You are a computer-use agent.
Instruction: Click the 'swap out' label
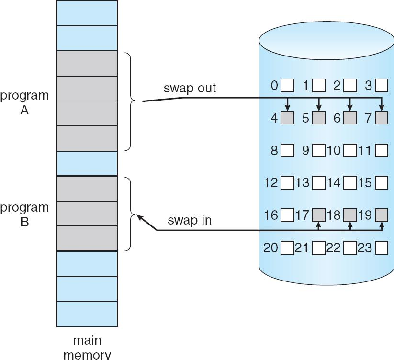click(190, 88)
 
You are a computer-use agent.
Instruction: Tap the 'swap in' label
click(190, 221)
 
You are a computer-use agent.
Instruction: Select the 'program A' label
click(24, 102)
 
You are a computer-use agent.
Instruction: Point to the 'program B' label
click(24, 214)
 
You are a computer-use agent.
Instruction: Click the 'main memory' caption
click(87, 348)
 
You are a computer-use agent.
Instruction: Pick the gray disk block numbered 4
click(288, 118)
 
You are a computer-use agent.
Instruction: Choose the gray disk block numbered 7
click(382, 118)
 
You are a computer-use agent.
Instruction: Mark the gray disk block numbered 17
click(319, 215)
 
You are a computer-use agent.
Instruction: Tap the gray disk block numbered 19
click(382, 215)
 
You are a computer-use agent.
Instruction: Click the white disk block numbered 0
click(288, 86)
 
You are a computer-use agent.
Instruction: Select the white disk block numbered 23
click(382, 248)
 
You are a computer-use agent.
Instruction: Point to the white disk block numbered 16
click(288, 215)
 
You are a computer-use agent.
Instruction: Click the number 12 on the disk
click(271, 182)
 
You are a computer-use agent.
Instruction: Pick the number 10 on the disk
click(334, 150)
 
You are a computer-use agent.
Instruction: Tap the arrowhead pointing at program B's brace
click(139, 217)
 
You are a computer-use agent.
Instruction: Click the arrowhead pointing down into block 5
click(319, 108)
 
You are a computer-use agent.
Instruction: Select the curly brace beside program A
click(130, 101)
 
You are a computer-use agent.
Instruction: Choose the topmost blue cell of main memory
click(87, 13)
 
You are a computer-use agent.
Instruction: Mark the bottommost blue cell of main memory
click(87, 314)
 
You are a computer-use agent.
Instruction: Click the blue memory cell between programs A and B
click(87, 163)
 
